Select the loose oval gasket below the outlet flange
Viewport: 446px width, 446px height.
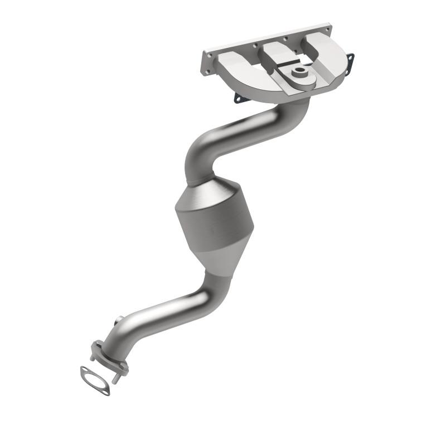click(x=95, y=381)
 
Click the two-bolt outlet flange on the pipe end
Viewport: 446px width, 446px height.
click(x=109, y=357)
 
